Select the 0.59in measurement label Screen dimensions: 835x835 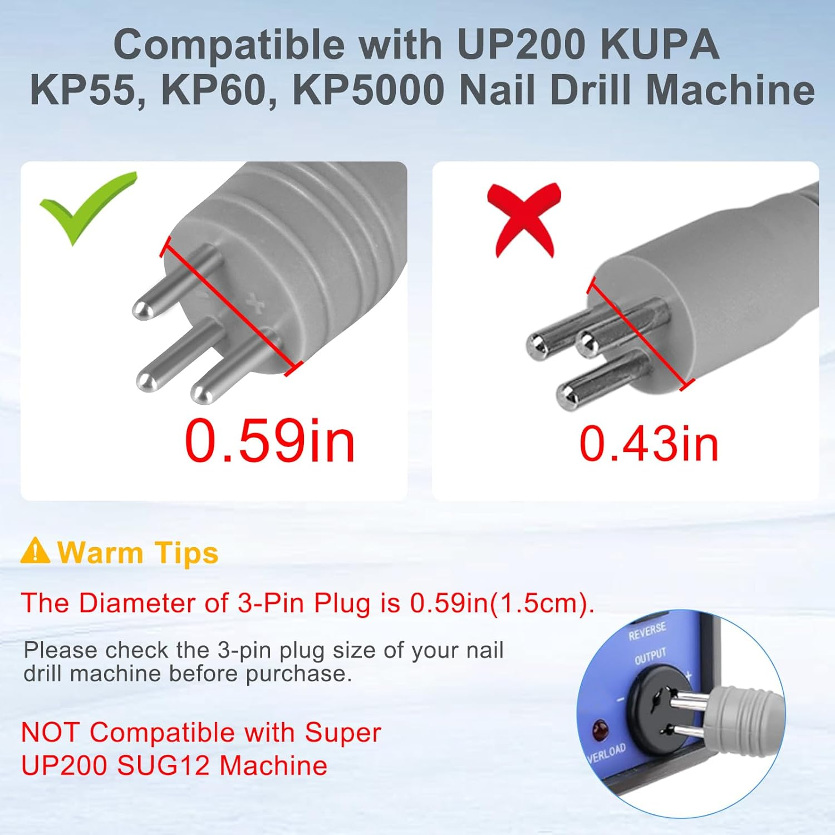[269, 441]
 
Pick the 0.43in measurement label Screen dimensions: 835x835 [649, 444]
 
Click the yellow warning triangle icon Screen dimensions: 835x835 [35, 551]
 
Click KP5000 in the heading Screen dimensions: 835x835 [368, 90]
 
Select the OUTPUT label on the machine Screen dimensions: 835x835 [650, 657]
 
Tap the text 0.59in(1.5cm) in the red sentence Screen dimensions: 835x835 [499, 603]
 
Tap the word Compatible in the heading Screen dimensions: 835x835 [229, 45]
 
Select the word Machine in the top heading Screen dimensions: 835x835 [746, 90]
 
